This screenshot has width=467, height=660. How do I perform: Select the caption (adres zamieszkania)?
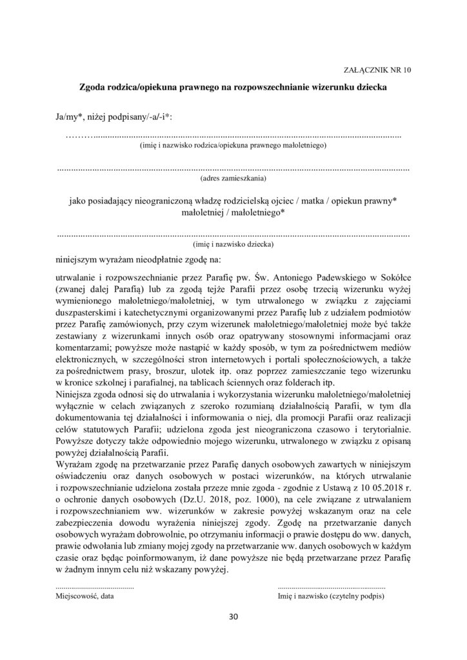click(x=234, y=177)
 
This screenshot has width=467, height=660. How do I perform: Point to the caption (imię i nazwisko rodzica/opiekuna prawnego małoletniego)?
click(x=233, y=146)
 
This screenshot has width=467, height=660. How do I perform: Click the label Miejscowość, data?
click(x=85, y=597)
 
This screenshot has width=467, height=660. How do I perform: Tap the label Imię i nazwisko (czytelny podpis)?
click(x=331, y=597)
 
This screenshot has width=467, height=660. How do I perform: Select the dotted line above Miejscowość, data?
click(x=95, y=587)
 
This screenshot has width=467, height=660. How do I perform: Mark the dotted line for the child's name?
click(x=234, y=235)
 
